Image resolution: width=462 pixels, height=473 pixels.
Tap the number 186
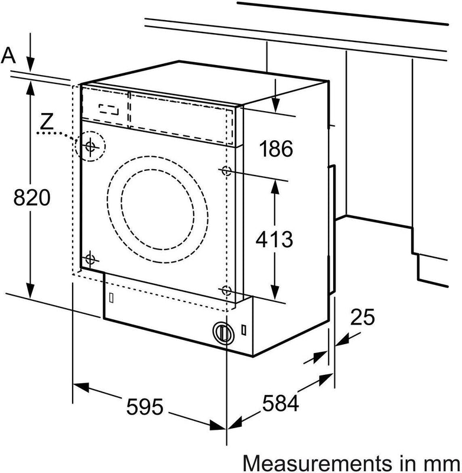tap(276, 149)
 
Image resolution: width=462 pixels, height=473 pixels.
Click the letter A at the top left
tap(8, 56)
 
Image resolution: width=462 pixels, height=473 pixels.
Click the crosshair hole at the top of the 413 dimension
tap(227, 171)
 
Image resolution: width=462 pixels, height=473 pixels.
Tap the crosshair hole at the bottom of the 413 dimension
tap(226, 289)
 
